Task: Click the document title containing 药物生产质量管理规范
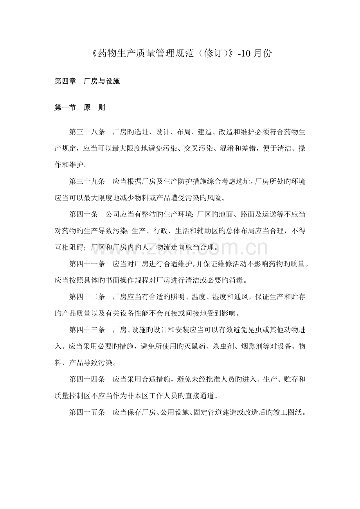coord(180,53)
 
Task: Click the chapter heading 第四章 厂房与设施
coord(87,81)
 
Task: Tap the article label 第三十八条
coord(87,133)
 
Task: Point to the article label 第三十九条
coord(87,181)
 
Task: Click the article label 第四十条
coord(83,214)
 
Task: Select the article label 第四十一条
coord(87,264)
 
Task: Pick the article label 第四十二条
coord(87,297)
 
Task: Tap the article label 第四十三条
coord(87,330)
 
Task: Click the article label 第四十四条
coord(87,379)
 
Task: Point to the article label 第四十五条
coord(87,412)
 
